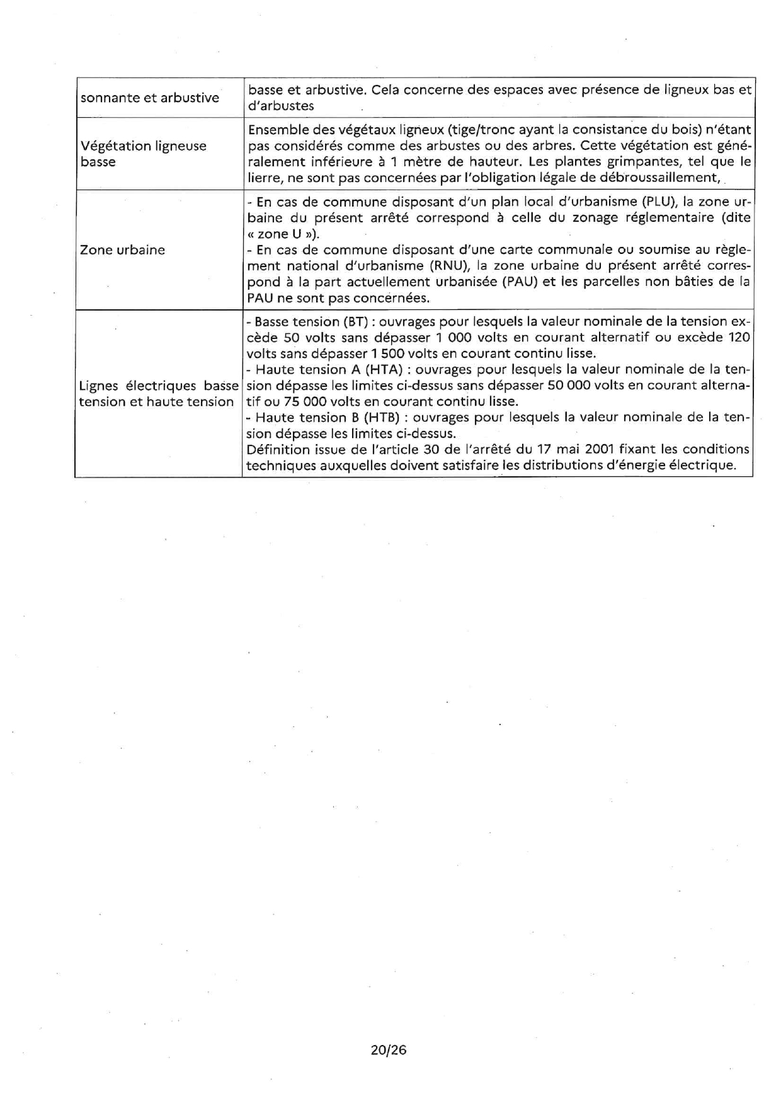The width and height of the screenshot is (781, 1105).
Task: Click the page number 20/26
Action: click(389, 1050)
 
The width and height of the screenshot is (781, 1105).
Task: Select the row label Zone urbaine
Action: click(122, 249)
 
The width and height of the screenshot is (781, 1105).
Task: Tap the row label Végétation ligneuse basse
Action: click(143, 154)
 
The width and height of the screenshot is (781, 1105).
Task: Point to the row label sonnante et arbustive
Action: click(149, 98)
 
